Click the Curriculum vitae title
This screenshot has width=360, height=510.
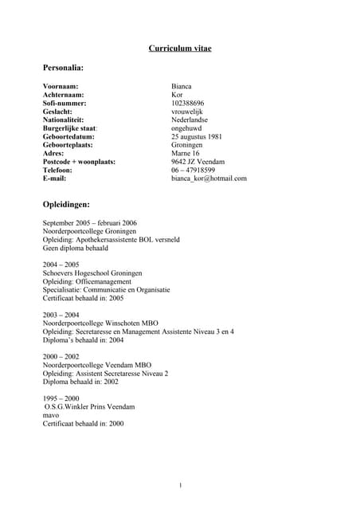click(180, 49)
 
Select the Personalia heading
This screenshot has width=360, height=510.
click(64, 69)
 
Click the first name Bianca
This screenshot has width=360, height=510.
click(182, 86)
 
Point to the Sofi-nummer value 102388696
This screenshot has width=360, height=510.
click(188, 104)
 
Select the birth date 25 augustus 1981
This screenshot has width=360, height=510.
click(197, 136)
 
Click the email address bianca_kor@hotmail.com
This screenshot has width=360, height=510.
click(209, 178)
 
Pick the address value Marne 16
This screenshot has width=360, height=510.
click(186, 153)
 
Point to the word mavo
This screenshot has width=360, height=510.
click(51, 415)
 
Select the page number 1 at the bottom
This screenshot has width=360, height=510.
click(181, 485)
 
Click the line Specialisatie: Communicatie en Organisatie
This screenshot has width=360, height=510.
click(106, 289)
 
